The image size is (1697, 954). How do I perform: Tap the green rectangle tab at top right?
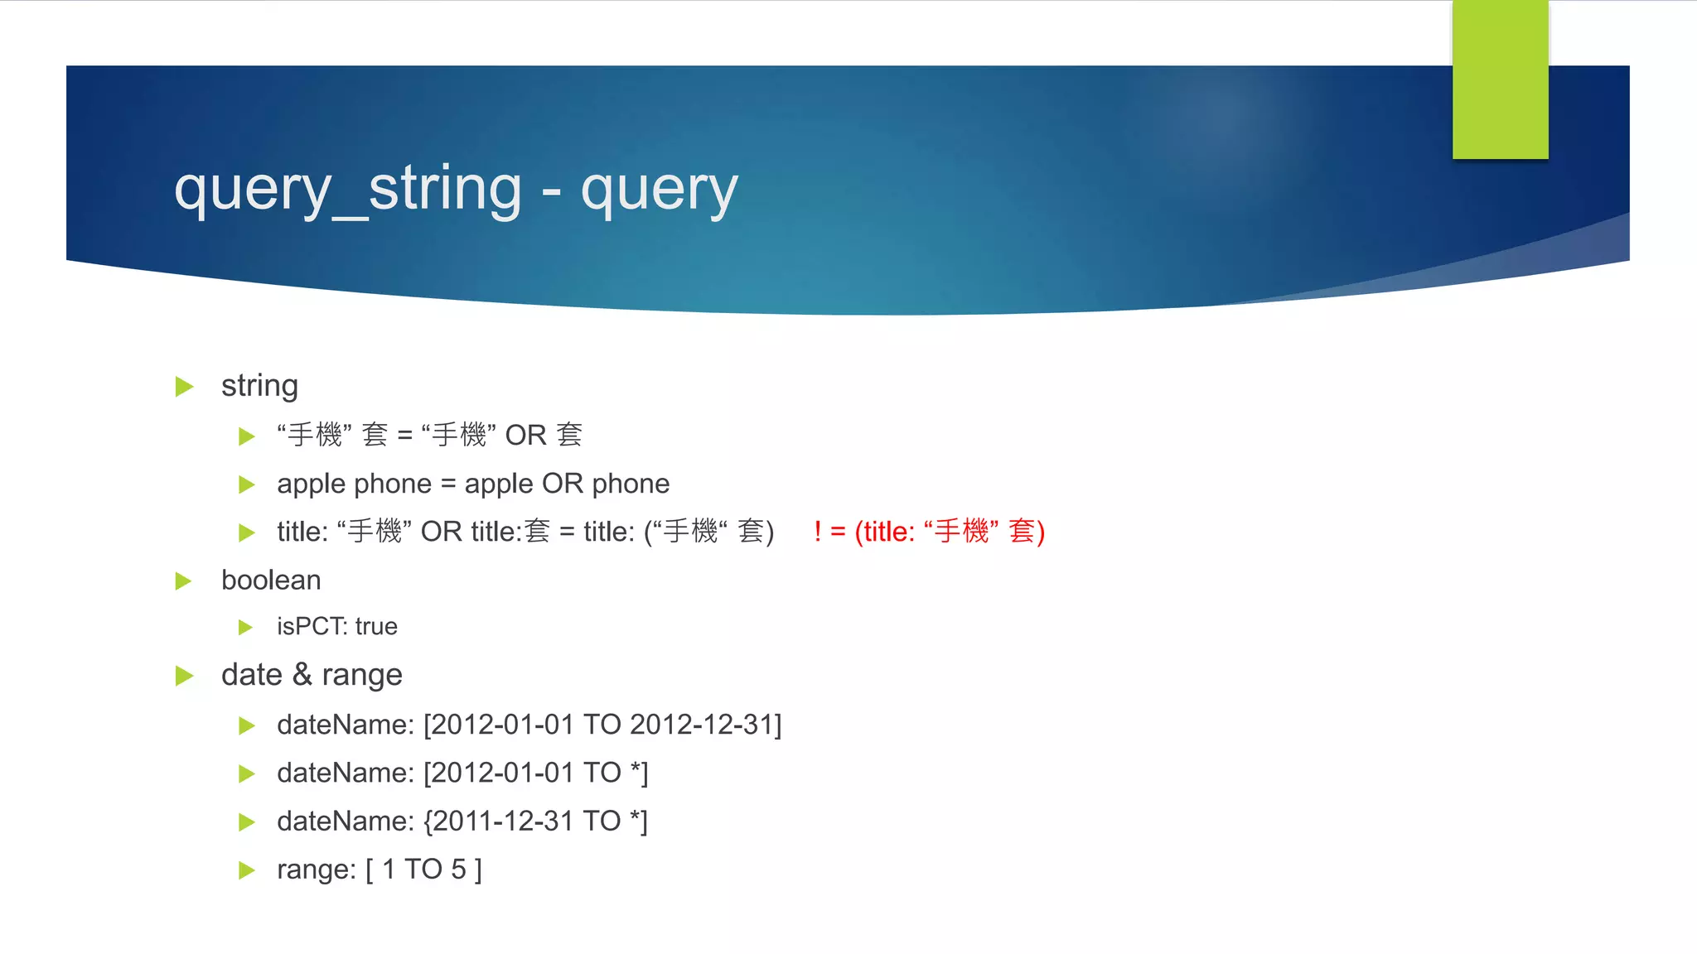coord(1500,79)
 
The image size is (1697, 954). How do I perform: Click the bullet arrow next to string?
coord(184,387)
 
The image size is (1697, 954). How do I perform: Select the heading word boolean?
coord(271,581)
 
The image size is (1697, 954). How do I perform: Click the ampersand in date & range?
coord(302,674)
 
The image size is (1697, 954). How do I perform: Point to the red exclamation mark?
coord(818,531)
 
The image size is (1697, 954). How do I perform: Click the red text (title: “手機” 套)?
coord(950,531)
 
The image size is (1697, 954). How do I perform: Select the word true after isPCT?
coord(376,626)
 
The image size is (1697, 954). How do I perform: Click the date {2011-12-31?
coord(498,821)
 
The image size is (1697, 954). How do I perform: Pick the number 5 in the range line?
coord(458,869)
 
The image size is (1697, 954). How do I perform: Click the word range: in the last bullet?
coord(316,869)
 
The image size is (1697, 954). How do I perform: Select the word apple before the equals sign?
coord(312,484)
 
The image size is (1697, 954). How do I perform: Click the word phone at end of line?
coord(631,484)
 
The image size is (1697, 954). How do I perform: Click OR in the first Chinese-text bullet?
coord(525,435)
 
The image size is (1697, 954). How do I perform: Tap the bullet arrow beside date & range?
coord(184,676)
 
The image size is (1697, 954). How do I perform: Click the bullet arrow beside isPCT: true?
coord(245,627)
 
